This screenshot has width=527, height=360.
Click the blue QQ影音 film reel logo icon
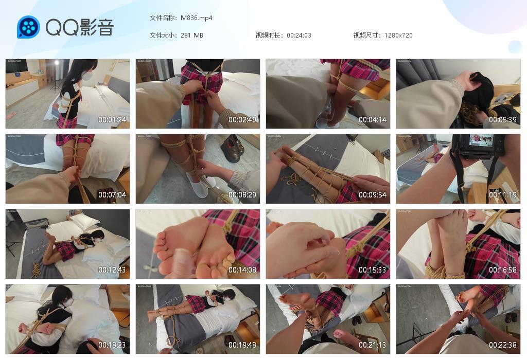[28, 27]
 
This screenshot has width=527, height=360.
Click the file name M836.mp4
[197, 18]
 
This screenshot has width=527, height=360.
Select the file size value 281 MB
[192, 35]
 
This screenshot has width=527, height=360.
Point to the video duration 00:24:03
[299, 35]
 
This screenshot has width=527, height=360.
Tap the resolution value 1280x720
[398, 35]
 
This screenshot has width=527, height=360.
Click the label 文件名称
[163, 18]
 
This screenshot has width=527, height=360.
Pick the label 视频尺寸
[367, 35]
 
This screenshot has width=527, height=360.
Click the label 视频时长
[269, 35]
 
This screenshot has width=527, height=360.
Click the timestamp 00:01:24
[112, 120]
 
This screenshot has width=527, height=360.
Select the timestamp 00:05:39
[503, 120]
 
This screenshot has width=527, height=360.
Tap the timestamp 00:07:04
[112, 195]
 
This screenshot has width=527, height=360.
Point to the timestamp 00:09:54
[373, 195]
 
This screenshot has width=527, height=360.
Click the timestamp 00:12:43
[112, 270]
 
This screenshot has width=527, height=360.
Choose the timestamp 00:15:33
[373, 270]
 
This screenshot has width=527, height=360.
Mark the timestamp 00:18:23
[112, 345]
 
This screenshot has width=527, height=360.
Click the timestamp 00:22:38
[503, 345]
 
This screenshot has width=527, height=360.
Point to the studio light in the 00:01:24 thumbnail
[56, 65]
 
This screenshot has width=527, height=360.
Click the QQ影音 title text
[80, 27]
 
